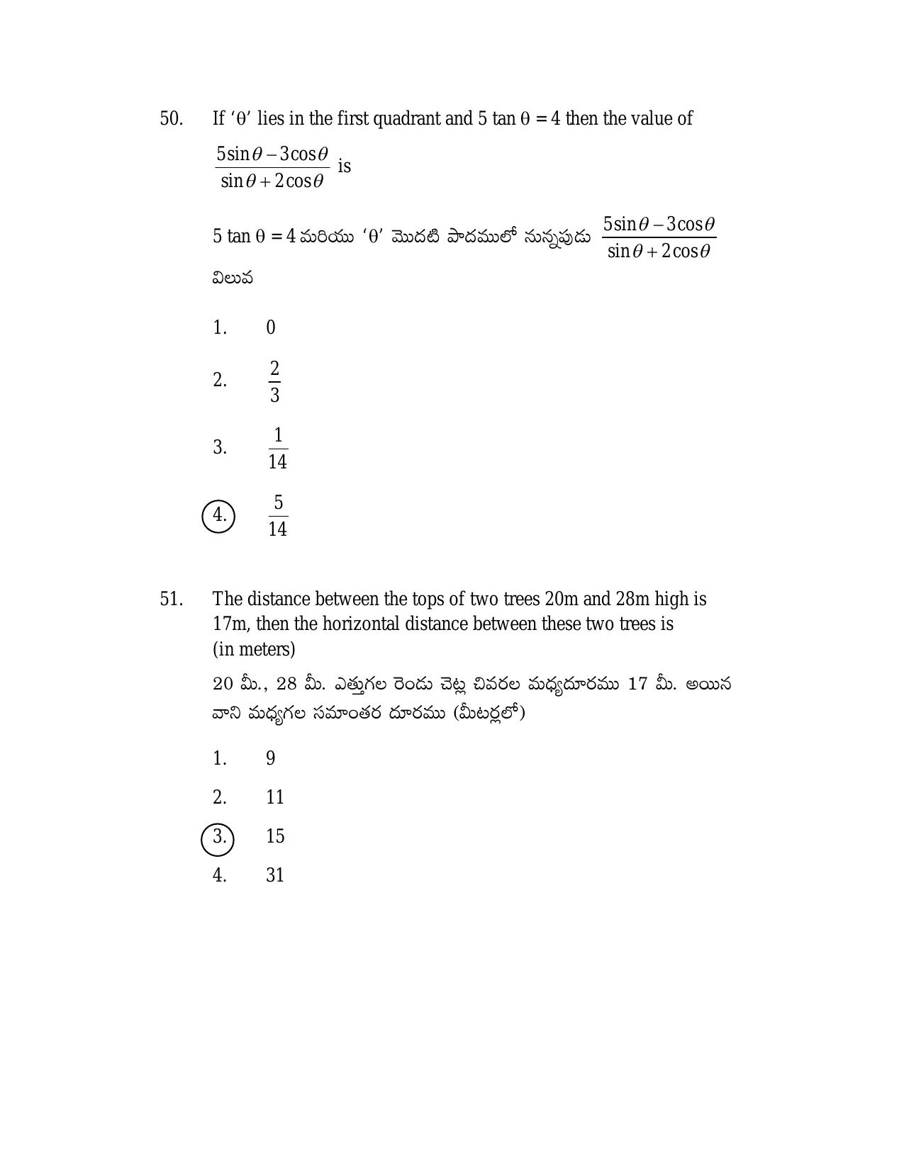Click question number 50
click(x=171, y=118)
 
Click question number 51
click(x=171, y=600)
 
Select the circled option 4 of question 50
click(x=218, y=515)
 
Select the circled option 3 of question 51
click(x=218, y=838)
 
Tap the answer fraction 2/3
click(x=274, y=381)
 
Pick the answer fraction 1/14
click(x=277, y=448)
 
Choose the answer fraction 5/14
click(x=277, y=515)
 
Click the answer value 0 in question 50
click(x=270, y=327)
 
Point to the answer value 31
click(x=274, y=875)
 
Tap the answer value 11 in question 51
click(x=274, y=797)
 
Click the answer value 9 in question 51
click(x=270, y=758)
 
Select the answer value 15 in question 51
click(x=274, y=836)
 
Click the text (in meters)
click(x=254, y=649)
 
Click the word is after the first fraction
click(x=344, y=167)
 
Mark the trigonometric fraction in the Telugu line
click(x=659, y=237)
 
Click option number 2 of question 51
click(x=219, y=797)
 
